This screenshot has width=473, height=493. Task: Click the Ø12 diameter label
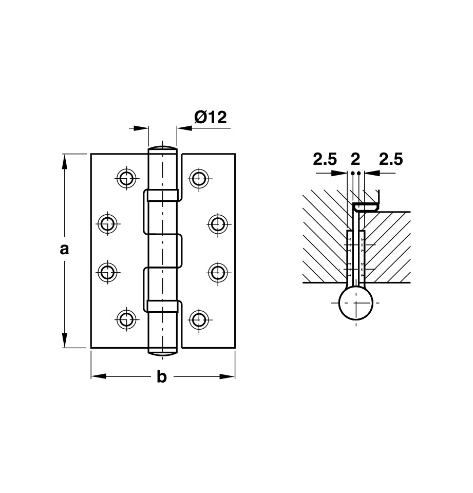pyautogui.click(x=210, y=118)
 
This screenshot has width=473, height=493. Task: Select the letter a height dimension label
pyautogui.click(x=64, y=250)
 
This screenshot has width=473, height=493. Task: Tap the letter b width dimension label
pyautogui.click(x=162, y=377)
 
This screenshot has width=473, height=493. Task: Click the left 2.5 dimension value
pyautogui.click(x=325, y=160)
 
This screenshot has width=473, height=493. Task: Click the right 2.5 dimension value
pyautogui.click(x=390, y=160)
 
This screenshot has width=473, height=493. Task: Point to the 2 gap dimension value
pyautogui.click(x=355, y=160)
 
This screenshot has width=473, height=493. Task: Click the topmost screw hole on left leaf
pyautogui.click(x=126, y=178)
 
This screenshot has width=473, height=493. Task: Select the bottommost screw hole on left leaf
pyautogui.click(x=126, y=319)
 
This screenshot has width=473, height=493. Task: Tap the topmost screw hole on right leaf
pyautogui.click(x=199, y=178)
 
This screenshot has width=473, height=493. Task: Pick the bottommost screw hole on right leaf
pyautogui.click(x=199, y=319)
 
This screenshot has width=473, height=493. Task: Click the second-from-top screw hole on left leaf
pyautogui.click(x=107, y=223)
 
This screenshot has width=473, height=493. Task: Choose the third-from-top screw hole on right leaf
pyautogui.click(x=218, y=272)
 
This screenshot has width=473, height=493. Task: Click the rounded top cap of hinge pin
pyautogui.click(x=163, y=148)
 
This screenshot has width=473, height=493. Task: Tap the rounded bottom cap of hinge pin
pyautogui.click(x=163, y=352)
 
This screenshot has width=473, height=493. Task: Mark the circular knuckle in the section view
pyautogui.click(x=356, y=303)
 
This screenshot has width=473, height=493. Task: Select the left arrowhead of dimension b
pyautogui.click(x=98, y=376)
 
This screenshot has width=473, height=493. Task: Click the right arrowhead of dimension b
pyautogui.click(x=228, y=376)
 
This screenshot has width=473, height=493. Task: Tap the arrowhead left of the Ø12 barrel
pyautogui.click(x=142, y=128)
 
